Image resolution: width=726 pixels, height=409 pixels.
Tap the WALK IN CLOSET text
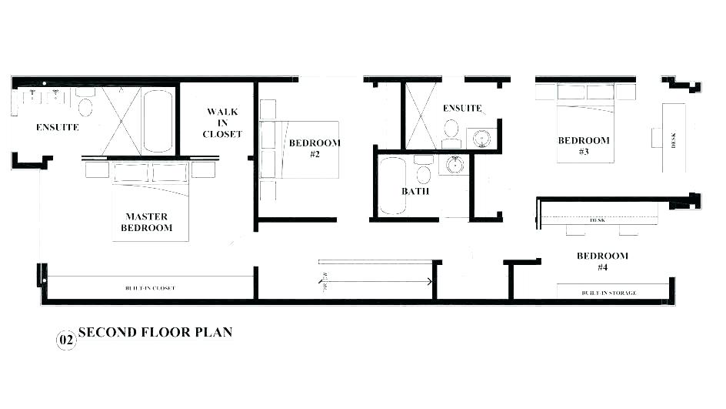(222, 123)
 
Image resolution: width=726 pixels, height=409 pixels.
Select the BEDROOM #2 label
(315, 148)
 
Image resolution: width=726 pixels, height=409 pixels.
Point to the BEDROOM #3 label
(584, 146)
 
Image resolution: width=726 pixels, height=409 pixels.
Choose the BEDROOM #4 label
(602, 261)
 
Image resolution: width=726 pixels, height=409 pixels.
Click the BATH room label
(415, 191)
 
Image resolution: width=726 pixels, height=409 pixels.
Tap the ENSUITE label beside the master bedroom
(57, 127)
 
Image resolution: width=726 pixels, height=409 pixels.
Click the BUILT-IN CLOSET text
(150, 288)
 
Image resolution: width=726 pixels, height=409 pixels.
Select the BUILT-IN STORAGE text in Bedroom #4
(608, 293)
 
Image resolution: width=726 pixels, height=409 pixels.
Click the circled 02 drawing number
(66, 340)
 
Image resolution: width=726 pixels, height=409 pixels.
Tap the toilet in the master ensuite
(85, 106)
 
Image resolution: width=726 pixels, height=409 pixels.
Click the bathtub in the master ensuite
(159, 121)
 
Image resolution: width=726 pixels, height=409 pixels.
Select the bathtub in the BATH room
(392, 186)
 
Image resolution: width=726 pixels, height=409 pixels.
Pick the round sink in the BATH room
(455, 165)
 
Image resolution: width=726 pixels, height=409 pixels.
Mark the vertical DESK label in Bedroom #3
(674, 140)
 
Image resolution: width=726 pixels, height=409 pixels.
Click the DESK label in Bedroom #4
(597, 220)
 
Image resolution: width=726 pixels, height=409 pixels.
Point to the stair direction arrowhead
(428, 282)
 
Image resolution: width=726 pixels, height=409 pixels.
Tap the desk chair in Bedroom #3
(656, 137)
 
